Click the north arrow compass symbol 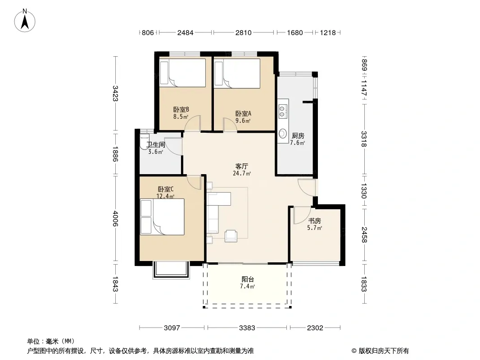click(25, 21)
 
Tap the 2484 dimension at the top click(185, 32)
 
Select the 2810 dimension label click(243, 32)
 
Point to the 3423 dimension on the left click(115, 93)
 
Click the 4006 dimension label click(115, 218)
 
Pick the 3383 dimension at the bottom click(247, 328)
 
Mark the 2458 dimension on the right click(364, 235)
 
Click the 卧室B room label click(181, 109)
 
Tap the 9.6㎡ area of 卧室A click(243, 121)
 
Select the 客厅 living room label click(241, 166)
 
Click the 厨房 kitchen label click(298, 136)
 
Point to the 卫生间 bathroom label click(155, 144)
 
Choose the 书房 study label click(314, 221)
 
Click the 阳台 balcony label click(248, 279)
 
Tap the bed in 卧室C click(162, 217)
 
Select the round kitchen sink click(282, 133)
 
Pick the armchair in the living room click(231, 236)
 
